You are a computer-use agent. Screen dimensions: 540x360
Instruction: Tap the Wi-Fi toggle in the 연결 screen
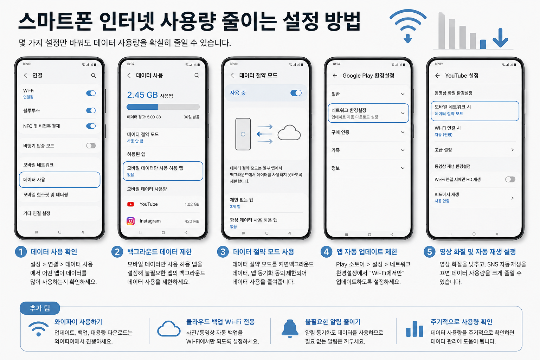[91, 93]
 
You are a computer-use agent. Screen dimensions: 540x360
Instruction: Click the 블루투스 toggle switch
[91, 110]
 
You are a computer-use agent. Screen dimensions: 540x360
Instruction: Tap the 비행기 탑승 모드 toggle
[91, 146]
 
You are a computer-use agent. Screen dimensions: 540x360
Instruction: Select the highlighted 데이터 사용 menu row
[59, 180]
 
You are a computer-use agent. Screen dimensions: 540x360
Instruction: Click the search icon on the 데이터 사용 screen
[197, 76]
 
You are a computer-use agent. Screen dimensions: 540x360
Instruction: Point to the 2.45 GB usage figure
[142, 95]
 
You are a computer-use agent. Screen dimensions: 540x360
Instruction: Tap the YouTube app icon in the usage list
[131, 204]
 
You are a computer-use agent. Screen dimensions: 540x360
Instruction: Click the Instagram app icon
[131, 221]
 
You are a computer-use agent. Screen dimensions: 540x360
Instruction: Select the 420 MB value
[192, 221]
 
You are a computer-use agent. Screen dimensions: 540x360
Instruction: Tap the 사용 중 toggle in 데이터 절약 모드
[296, 93]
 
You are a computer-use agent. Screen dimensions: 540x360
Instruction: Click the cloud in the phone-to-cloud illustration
[289, 133]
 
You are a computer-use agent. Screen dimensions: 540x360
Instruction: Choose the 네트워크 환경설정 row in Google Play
[368, 113]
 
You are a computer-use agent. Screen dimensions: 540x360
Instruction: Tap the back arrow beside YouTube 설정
[437, 76]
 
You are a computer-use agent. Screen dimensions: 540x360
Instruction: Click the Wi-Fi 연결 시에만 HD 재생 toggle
[510, 179]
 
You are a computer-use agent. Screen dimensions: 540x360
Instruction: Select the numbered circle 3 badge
[223, 252]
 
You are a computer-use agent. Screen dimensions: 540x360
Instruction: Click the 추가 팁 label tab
[40, 308]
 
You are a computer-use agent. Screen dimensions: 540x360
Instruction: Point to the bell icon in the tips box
[290, 329]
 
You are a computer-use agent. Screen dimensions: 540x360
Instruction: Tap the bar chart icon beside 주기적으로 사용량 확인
[414, 329]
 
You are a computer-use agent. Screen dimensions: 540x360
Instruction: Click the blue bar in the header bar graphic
[483, 44]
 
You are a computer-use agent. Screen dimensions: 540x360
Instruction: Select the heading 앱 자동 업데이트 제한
[367, 252]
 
